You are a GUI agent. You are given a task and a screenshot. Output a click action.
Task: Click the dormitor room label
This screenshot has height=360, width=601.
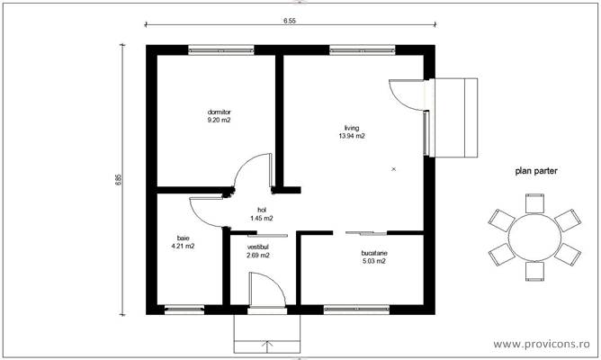tap(219, 115)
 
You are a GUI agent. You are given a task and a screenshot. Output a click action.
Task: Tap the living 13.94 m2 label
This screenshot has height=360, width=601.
tap(351, 132)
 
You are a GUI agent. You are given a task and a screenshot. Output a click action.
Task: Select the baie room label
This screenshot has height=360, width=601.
tap(183, 241)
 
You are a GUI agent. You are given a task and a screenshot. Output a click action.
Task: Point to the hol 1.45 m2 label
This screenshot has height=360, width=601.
tap(262, 213)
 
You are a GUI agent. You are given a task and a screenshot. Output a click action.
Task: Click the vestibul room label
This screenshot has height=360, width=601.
tap(257, 250)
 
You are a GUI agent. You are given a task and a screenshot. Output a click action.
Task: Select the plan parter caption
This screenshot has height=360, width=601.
tap(534, 169)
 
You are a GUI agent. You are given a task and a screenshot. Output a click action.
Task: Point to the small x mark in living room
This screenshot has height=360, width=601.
tap(394, 168)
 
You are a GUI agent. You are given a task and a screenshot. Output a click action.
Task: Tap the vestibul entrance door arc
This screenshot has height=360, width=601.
tap(270, 283)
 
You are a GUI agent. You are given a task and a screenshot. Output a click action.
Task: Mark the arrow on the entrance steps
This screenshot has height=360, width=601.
tap(266, 343)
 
